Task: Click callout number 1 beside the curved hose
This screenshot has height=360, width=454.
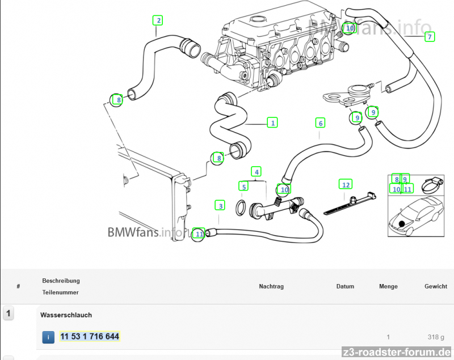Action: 273,122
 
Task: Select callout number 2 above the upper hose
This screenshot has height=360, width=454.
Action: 158,20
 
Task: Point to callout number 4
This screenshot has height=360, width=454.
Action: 257,171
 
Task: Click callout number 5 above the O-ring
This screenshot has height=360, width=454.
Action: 243,186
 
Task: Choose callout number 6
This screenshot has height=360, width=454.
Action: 321,123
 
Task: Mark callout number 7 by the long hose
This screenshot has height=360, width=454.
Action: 430,37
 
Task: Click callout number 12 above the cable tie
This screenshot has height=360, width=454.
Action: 346,184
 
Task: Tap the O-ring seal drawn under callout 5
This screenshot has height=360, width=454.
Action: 241,209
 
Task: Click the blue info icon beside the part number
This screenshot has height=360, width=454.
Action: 49,337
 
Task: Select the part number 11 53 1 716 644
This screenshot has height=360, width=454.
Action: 90,337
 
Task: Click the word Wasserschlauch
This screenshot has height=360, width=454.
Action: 66,315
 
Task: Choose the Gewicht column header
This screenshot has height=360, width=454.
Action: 435,286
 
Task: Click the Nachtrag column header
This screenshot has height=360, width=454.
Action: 271,286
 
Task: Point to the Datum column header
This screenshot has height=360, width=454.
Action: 345,286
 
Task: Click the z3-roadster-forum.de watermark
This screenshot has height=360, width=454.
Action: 396,352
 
